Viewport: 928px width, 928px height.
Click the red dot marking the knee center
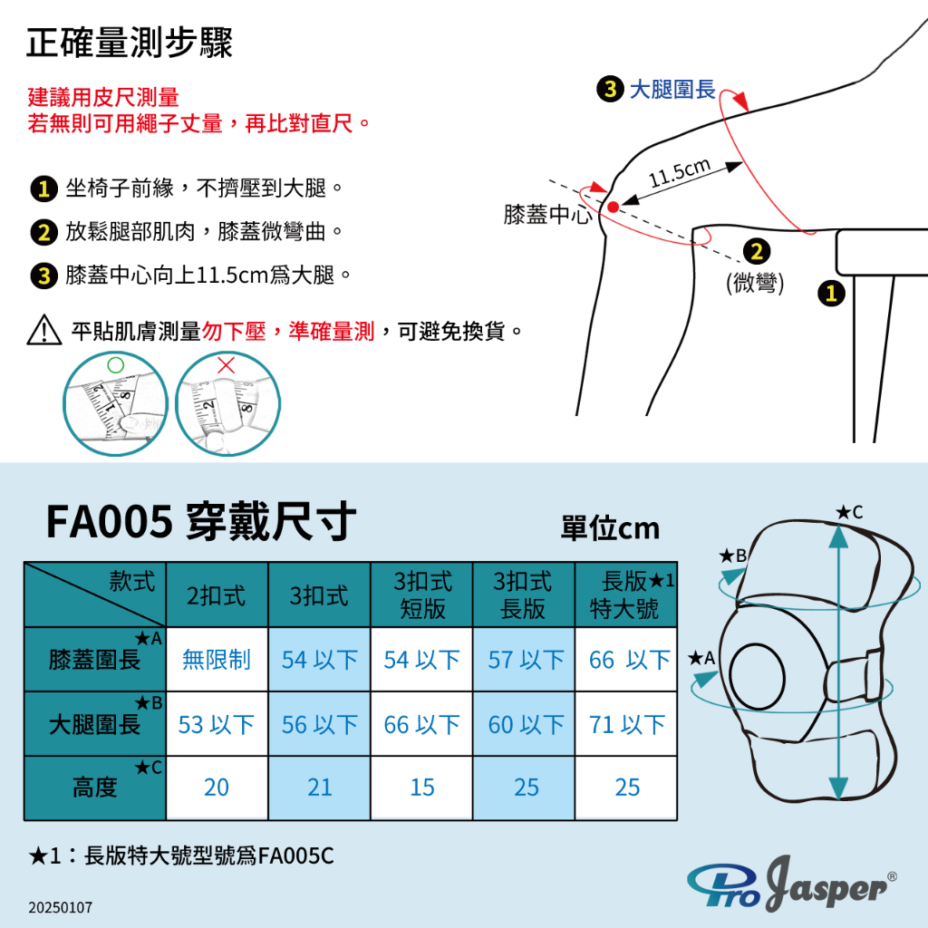(x=614, y=207)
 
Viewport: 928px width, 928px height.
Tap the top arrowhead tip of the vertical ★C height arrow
(x=838, y=526)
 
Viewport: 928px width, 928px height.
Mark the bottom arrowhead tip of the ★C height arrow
(x=838, y=799)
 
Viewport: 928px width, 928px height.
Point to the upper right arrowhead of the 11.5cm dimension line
(x=742, y=163)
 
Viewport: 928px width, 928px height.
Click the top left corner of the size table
(x=24, y=562)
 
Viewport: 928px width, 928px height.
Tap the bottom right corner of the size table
(x=676, y=819)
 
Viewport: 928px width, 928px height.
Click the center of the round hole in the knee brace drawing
(x=757, y=676)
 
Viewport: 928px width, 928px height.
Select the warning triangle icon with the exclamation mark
(x=44, y=330)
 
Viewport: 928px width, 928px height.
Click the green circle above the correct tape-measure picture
(x=115, y=364)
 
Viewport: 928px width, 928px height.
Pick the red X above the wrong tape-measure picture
(x=226, y=364)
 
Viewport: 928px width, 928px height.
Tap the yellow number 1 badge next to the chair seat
(x=831, y=293)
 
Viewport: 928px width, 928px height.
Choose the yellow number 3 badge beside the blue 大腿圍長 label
(x=610, y=89)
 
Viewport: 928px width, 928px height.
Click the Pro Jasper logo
(x=792, y=883)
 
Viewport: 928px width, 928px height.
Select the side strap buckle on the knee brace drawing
(x=875, y=674)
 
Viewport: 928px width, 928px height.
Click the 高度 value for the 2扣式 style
(x=217, y=788)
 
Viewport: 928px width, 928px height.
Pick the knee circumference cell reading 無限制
(x=217, y=660)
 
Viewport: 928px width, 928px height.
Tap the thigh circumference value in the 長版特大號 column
(x=627, y=724)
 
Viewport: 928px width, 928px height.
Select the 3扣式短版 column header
(x=422, y=594)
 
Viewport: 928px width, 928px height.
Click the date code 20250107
(x=61, y=907)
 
